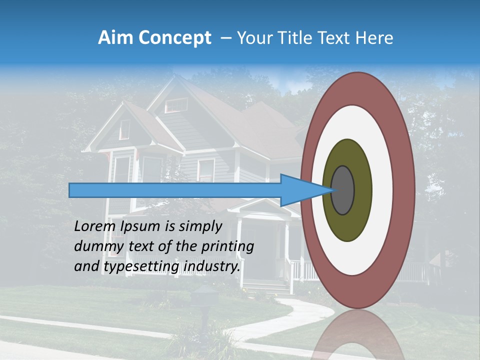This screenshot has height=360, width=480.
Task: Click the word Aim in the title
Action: pos(116,38)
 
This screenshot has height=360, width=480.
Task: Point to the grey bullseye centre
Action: pos(342,190)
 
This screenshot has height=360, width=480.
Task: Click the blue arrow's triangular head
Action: pos(300,190)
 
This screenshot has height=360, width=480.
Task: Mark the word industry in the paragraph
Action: pos(212,267)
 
